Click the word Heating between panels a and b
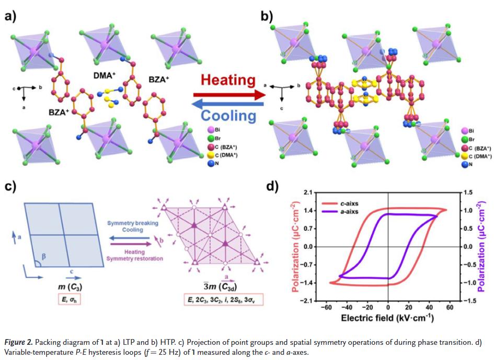[228, 81]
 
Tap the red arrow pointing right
[231, 95]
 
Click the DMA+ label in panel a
[105, 75]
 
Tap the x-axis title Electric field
[387, 318]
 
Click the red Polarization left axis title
[294, 245]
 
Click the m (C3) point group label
[69, 287]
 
